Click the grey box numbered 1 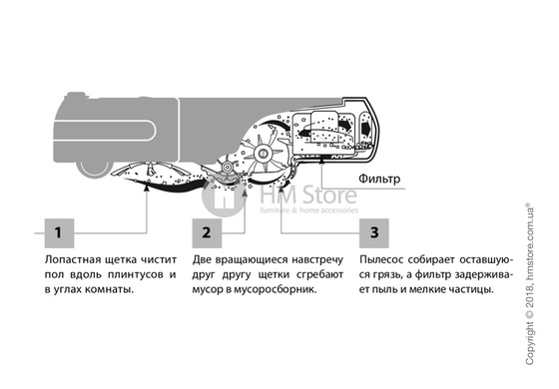click(x=59, y=233)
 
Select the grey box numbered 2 click(x=207, y=233)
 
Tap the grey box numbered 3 click(x=374, y=233)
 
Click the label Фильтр click(x=379, y=179)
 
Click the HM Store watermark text click(x=308, y=194)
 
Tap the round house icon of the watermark click(x=224, y=196)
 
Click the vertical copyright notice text click(x=529, y=284)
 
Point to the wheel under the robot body click(x=95, y=169)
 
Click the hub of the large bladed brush click(x=264, y=154)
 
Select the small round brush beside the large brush click(x=226, y=167)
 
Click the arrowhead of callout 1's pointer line click(x=146, y=189)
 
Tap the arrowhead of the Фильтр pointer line click(x=321, y=160)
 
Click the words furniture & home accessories click(x=308, y=210)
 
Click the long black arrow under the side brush click(x=168, y=185)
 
